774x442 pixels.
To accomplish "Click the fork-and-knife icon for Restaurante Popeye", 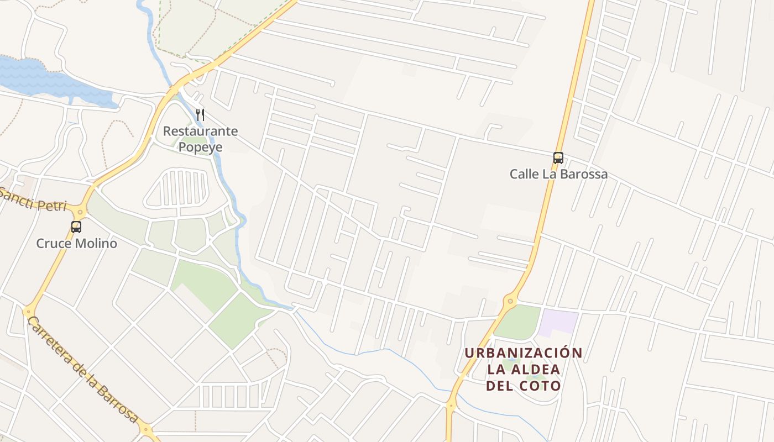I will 200,115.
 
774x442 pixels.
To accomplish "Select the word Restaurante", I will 200,131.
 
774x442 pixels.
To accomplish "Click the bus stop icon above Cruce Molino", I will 76,227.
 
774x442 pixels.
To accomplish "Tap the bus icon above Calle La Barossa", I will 558,158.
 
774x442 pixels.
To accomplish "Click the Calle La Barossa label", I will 558,174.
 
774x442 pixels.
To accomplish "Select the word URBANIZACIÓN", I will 523,352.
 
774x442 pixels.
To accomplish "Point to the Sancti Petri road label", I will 33,200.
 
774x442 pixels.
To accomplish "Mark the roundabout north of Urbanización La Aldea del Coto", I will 510,301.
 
